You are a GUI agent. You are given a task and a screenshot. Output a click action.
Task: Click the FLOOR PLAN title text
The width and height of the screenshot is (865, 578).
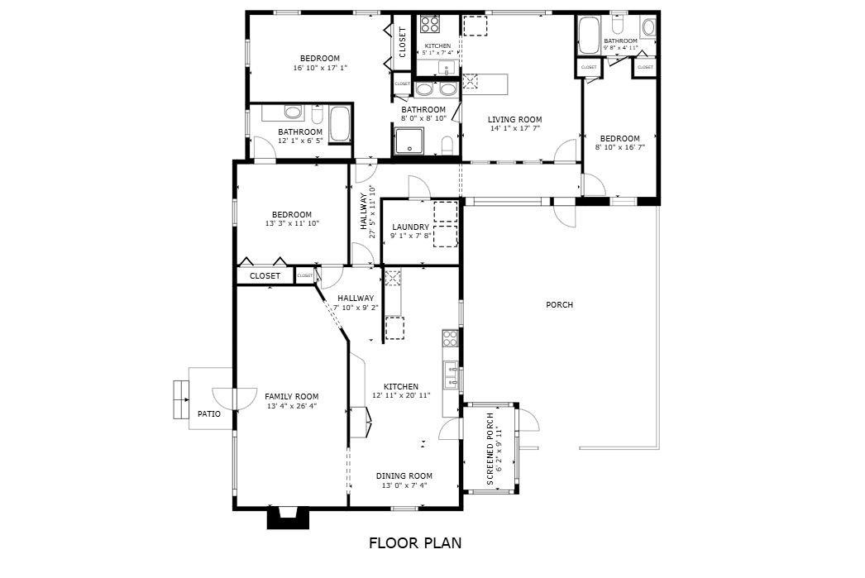[414, 543]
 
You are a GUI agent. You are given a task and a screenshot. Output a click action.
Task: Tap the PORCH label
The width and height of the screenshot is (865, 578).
[559, 305]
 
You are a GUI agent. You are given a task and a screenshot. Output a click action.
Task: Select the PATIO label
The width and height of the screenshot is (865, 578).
[208, 413]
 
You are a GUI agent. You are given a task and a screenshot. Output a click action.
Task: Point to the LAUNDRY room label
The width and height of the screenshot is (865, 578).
[410, 227]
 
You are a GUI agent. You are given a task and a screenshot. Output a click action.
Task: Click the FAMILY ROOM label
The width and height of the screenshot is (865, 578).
[291, 396]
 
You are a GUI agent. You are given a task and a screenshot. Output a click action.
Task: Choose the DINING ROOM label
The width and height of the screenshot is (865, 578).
[404, 476]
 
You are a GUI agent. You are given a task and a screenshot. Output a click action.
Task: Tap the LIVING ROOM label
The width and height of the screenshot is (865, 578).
[514, 120]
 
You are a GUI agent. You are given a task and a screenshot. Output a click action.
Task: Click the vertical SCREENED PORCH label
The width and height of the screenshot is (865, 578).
[490, 449]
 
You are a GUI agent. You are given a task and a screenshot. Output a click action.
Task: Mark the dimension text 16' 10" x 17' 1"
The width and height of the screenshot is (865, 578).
[319, 68]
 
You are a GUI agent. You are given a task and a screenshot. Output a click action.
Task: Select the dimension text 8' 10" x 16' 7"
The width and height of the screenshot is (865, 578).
[619, 147]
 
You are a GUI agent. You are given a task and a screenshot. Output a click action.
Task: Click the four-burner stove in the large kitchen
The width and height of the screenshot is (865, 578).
[451, 338]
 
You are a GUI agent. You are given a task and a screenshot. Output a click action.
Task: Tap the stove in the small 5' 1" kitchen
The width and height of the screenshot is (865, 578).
[428, 24]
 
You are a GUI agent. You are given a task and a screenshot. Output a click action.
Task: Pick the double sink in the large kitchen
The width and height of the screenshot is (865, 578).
[451, 375]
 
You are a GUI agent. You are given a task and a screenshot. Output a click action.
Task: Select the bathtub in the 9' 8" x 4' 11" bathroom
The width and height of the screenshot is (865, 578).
[589, 36]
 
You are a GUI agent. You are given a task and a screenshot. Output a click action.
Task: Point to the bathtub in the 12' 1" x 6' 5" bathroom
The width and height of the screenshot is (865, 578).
[340, 124]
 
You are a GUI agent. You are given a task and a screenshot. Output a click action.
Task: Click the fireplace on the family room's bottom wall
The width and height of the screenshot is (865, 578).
[288, 518]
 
